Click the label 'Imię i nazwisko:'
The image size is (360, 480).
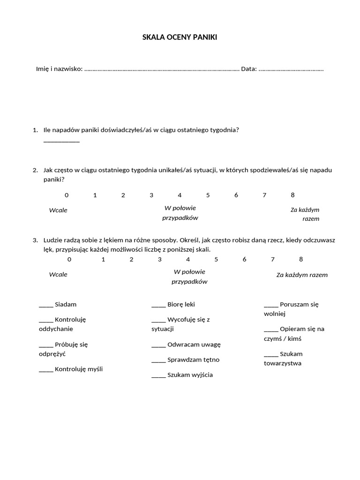tap(59, 69)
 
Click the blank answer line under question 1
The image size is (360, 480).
tap(61, 141)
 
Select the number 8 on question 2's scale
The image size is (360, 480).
tap(293, 195)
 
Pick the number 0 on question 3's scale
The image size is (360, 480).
tap(69, 259)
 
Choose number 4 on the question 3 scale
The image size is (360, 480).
tap(188, 259)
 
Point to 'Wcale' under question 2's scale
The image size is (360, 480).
tap(58, 210)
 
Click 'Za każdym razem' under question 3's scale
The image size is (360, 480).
tap(302, 275)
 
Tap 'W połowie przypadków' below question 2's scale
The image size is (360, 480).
tap(180, 213)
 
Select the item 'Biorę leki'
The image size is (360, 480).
tap(181, 305)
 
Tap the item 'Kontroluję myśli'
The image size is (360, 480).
tap(79, 369)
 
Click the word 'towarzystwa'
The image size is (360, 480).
tap(283, 363)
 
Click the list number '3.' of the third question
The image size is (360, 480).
tap(35, 240)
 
